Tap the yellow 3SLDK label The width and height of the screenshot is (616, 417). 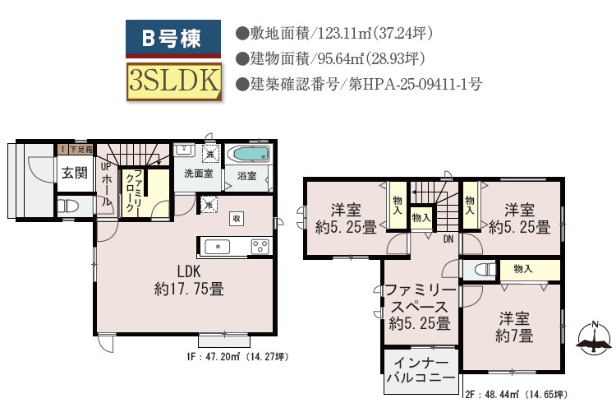click(x=173, y=81)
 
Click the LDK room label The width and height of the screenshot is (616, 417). click(x=189, y=280)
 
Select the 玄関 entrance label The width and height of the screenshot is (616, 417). click(x=74, y=173)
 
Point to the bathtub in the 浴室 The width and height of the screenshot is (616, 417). click(x=250, y=155)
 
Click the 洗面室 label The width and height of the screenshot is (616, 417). click(x=198, y=174)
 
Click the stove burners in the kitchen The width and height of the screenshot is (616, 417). click(x=260, y=246)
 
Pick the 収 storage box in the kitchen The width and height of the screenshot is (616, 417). click(x=236, y=218)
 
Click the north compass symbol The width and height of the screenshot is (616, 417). click(x=595, y=337)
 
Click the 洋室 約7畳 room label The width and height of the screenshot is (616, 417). click(x=515, y=327)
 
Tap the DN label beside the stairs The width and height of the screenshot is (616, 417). click(x=448, y=239)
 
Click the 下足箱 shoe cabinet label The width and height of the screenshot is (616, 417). click(x=80, y=150)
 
